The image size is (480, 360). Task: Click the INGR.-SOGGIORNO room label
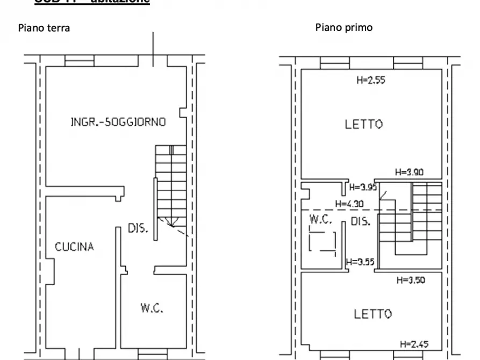click(x=118, y=122)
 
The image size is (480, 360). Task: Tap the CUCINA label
click(x=74, y=247)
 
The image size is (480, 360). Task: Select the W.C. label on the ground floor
click(x=152, y=308)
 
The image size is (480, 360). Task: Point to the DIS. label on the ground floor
click(x=138, y=228)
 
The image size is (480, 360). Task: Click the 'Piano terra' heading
click(x=44, y=28)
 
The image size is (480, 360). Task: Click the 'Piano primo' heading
click(x=343, y=27)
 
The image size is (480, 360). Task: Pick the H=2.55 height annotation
click(x=371, y=81)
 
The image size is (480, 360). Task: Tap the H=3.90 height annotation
click(x=409, y=172)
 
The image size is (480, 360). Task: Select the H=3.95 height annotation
click(x=363, y=187)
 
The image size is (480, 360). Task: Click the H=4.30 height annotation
click(x=349, y=204)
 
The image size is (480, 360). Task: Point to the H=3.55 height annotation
click(x=360, y=263)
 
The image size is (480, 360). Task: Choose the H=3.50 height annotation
click(x=410, y=280)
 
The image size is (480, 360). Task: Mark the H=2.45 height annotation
click(x=414, y=344)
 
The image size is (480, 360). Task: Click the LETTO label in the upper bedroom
click(x=364, y=125)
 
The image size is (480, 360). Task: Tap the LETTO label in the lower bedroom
click(x=372, y=314)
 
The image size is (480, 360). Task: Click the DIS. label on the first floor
click(x=360, y=221)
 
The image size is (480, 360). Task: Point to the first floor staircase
click(x=411, y=220)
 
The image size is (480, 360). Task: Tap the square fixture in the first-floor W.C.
click(x=323, y=241)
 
